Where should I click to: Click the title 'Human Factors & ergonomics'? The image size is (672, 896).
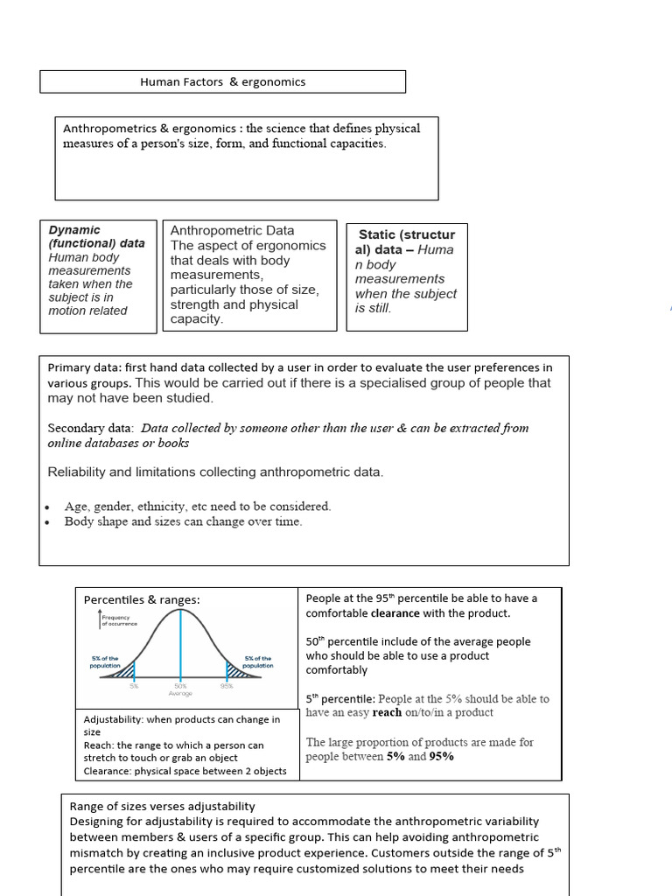(223, 82)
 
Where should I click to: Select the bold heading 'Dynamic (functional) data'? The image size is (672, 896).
(96, 236)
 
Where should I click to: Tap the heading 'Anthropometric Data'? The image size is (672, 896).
(232, 230)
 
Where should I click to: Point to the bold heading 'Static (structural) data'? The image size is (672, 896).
(406, 241)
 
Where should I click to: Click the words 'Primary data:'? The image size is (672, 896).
(85, 367)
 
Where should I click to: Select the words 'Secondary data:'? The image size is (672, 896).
(90, 428)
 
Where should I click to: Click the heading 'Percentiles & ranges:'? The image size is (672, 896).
(142, 599)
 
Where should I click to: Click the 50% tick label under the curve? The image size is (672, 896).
(180, 687)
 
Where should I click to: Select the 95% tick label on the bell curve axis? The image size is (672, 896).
(227, 687)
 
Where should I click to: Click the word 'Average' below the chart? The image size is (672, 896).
(180, 694)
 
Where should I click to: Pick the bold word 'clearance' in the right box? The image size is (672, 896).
(396, 613)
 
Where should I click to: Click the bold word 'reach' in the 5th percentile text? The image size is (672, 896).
(387, 712)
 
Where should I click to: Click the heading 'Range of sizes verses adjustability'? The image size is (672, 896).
(162, 806)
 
